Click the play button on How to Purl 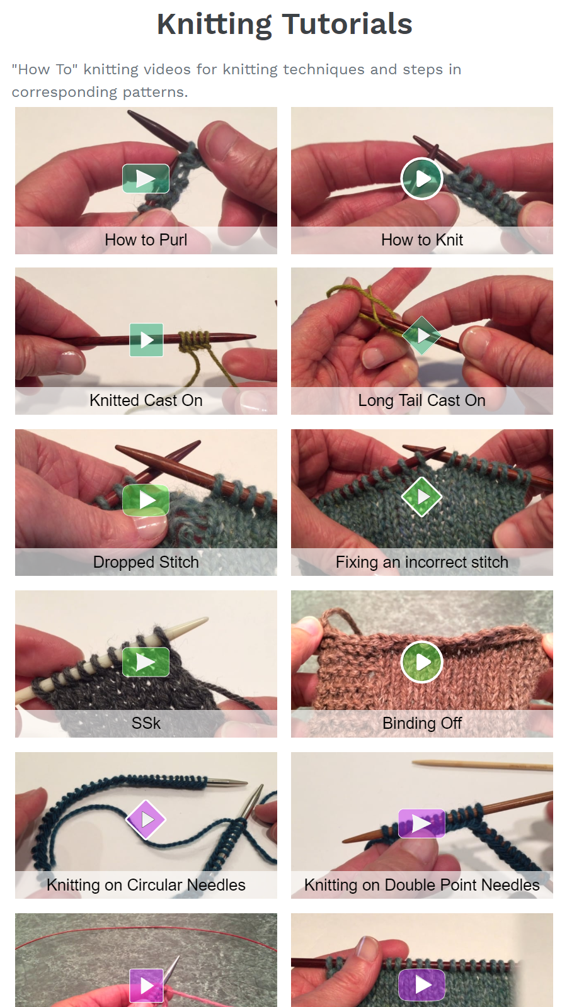point(146,179)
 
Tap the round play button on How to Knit point(421,179)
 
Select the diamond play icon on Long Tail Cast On point(421,335)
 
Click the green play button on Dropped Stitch point(146,500)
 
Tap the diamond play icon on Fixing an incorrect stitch point(421,497)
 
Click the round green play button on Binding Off point(421,661)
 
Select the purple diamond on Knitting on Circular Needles point(146,819)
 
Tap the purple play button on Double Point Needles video point(421,823)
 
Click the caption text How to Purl point(146,240)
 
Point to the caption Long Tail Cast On point(421,400)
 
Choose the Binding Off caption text point(421,723)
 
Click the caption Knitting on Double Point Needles point(421,885)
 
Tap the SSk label point(146,723)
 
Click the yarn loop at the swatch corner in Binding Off point(340,620)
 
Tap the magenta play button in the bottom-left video point(146,985)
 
